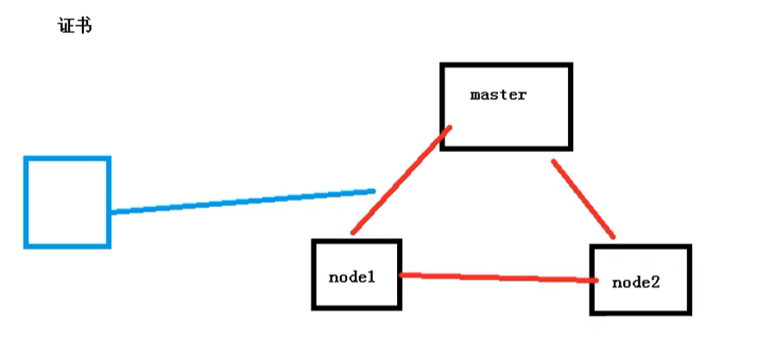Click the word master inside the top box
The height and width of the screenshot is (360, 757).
pos(498,95)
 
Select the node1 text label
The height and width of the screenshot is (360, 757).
pos(351,277)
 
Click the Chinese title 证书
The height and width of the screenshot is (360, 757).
pos(73,26)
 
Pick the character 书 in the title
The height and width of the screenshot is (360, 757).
pos(84,26)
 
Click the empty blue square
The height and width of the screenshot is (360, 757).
pos(67,202)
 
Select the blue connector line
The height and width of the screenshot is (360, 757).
pos(242,200)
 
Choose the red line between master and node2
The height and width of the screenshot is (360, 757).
pos(584,199)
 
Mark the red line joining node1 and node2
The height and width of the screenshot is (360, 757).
pos(498,277)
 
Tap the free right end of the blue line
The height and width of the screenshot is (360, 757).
pos(373,191)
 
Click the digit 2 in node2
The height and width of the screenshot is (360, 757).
pos(658,282)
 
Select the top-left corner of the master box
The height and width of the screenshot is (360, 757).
pos(442,66)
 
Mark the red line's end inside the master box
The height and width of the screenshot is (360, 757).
pos(450,129)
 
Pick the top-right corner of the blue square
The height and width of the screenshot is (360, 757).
pos(109,159)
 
